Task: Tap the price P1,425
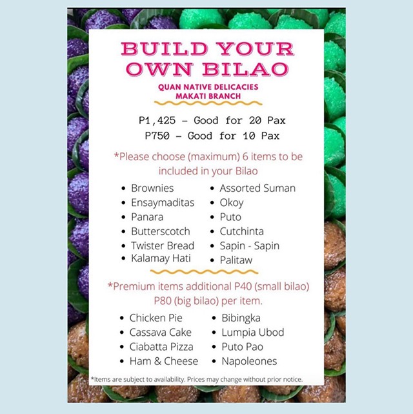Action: [157, 121]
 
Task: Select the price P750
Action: [157, 136]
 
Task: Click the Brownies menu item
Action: [152, 188]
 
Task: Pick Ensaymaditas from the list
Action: [163, 203]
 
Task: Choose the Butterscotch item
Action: [161, 231]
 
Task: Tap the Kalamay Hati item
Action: [161, 258]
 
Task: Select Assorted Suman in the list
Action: [257, 188]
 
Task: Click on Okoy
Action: [232, 203]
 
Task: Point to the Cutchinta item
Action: [242, 231]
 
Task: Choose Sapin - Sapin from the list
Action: [250, 246]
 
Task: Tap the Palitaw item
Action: [236, 260]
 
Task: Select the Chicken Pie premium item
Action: [156, 318]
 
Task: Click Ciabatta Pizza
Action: [161, 347]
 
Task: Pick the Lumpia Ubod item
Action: [253, 333]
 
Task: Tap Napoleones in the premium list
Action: [249, 361]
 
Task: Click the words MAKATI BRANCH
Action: [208, 96]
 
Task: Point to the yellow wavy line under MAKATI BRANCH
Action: [208, 103]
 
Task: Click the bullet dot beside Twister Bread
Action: [123, 246]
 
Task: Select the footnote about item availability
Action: [197, 379]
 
